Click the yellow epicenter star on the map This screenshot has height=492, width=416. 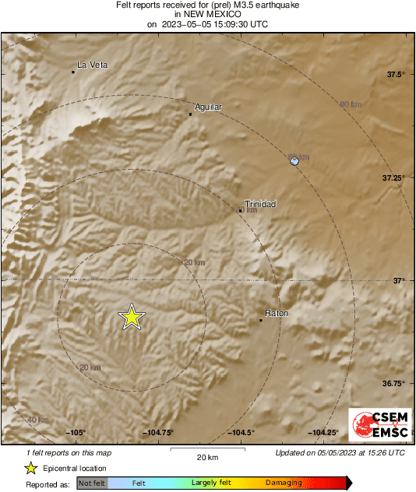(x=132, y=316)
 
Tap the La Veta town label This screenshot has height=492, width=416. (x=92, y=65)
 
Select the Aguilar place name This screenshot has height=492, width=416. (x=208, y=107)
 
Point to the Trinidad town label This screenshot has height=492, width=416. (x=260, y=204)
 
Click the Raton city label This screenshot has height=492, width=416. (x=277, y=314)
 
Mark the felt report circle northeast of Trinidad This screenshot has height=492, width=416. (x=294, y=160)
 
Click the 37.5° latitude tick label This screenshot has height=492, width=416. (x=396, y=75)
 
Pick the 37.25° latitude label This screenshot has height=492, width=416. (x=393, y=177)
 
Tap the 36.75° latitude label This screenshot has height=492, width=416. (x=393, y=383)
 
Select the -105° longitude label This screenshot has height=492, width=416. (x=76, y=433)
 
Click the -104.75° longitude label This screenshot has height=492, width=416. (x=158, y=433)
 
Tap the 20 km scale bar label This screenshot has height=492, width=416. (x=206, y=457)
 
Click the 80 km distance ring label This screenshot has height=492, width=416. (x=351, y=104)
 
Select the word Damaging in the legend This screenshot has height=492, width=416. (x=283, y=483)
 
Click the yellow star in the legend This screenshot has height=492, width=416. (x=30, y=469)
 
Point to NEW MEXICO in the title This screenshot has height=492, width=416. (x=207, y=14)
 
